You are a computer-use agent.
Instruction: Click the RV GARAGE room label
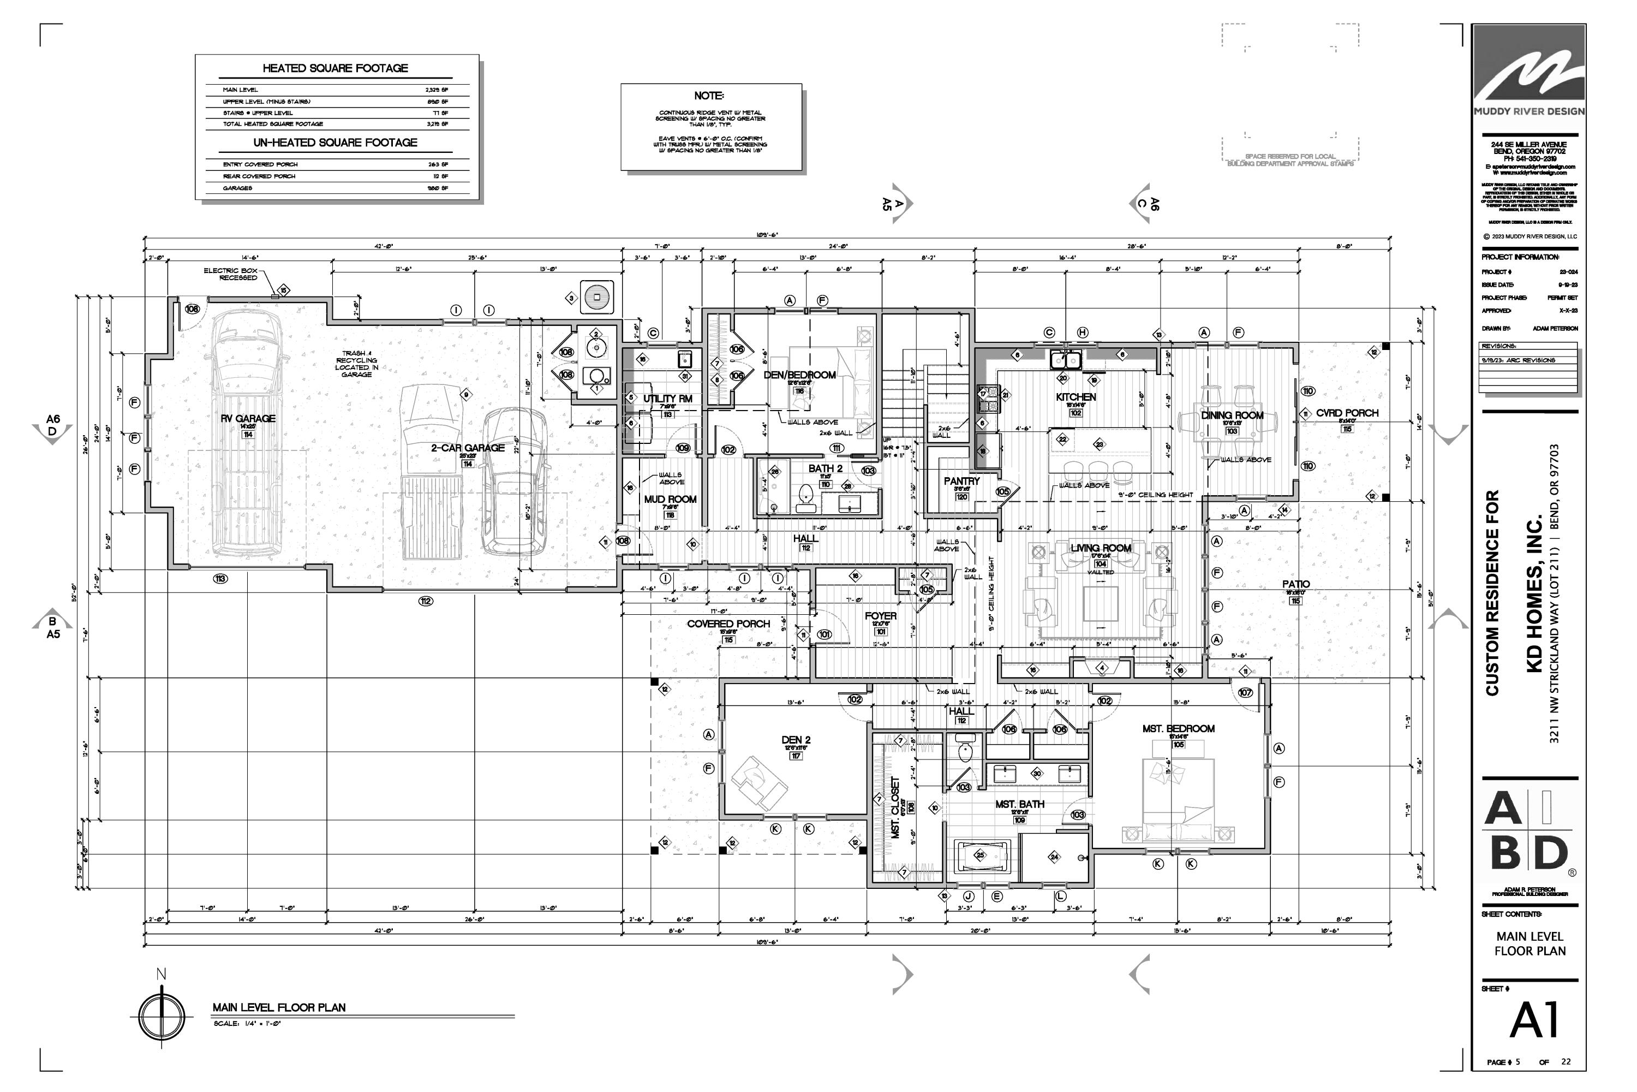pyautogui.click(x=248, y=419)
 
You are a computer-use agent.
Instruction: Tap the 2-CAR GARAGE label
pyautogui.click(x=468, y=448)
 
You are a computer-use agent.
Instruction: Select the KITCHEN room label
pyautogui.click(x=1076, y=397)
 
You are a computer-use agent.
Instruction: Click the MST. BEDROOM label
pyautogui.click(x=1178, y=728)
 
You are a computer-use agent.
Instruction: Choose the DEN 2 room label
pyautogui.click(x=796, y=740)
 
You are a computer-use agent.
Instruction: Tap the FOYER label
pyautogui.click(x=881, y=616)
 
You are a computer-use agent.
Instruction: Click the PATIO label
pyautogui.click(x=1295, y=584)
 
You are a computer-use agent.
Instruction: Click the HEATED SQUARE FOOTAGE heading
pyautogui.click(x=335, y=68)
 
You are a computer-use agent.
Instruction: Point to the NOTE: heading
pyautogui.click(x=708, y=96)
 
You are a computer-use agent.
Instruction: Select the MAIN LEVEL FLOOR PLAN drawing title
pyautogui.click(x=278, y=1007)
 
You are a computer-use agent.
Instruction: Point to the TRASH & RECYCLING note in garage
pyautogui.click(x=356, y=364)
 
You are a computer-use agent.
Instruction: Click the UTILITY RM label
pyautogui.click(x=667, y=399)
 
